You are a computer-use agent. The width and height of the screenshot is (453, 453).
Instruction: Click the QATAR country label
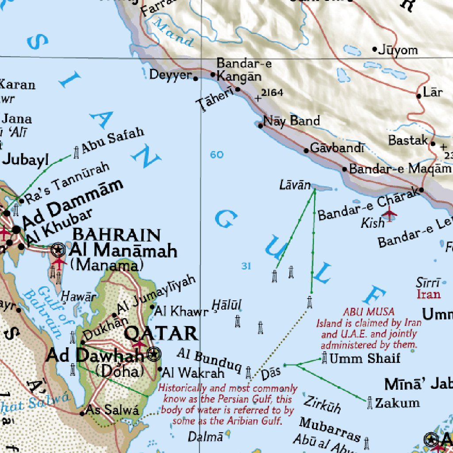(x=161, y=333)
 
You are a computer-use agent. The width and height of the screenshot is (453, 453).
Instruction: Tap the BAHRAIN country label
(x=116, y=234)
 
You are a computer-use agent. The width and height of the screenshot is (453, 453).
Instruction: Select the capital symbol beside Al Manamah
(x=58, y=250)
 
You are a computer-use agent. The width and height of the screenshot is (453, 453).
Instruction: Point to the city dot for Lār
(x=418, y=96)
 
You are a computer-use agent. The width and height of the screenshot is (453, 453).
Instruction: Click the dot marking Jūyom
(x=375, y=49)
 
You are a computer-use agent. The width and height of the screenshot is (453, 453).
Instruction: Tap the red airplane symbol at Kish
(x=389, y=215)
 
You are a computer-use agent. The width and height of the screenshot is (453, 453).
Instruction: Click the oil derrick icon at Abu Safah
(x=77, y=152)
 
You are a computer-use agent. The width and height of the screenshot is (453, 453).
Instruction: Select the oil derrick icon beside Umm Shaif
(x=325, y=357)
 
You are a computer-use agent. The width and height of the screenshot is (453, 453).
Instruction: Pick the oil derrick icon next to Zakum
(x=369, y=403)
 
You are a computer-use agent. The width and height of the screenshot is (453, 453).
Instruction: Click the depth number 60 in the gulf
(x=217, y=154)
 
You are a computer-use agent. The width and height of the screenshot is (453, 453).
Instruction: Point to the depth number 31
(x=246, y=266)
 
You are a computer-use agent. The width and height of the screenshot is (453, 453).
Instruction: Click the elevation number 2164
(x=272, y=92)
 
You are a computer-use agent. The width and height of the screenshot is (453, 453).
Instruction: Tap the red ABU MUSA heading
(x=369, y=312)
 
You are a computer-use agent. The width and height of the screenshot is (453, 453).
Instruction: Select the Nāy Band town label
(x=291, y=121)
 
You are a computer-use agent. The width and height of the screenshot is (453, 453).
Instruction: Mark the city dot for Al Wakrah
(x=160, y=369)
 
